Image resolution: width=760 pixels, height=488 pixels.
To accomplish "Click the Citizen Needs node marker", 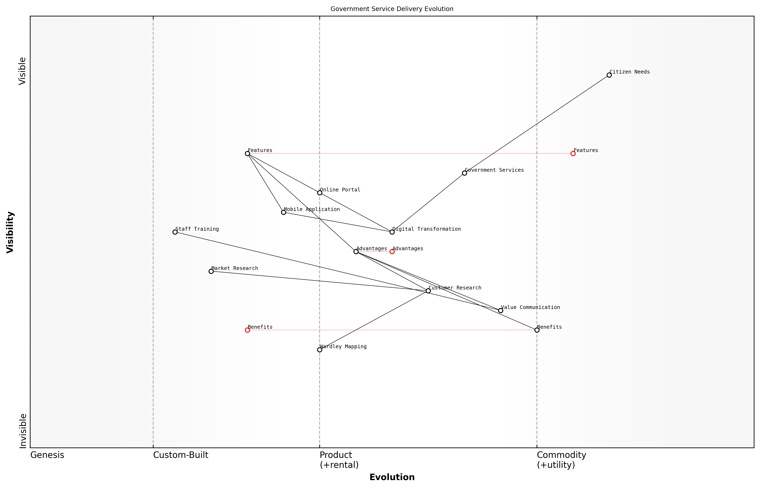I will click(609, 75).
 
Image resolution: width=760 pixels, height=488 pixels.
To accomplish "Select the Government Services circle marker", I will click(464, 173).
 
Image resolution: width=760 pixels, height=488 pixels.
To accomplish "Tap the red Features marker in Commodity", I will click(573, 154).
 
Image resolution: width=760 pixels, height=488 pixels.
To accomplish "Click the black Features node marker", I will click(247, 154).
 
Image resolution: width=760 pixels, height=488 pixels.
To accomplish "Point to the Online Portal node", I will click(320, 193).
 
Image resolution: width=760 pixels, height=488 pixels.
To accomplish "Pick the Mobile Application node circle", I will click(283, 212).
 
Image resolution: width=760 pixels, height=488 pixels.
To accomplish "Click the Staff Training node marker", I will click(175, 232).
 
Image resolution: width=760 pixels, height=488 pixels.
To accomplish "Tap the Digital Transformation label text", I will click(426, 229).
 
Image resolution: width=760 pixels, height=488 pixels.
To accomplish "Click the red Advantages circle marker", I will click(392, 252).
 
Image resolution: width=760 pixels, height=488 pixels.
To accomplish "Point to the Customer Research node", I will click(428, 291).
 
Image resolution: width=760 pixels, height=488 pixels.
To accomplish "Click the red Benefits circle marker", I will click(247, 330).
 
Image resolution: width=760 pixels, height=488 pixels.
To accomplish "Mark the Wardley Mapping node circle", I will click(320, 350).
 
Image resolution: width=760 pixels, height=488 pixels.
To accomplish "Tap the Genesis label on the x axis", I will click(47, 455).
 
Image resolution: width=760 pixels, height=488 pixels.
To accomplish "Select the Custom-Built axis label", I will click(181, 455).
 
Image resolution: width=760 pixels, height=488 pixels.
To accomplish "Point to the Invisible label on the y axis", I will click(23, 431).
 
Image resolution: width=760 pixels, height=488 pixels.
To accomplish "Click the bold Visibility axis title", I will click(10, 232).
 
